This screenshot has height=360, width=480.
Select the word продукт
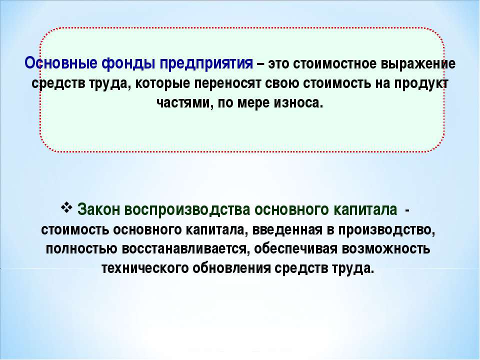click(421, 84)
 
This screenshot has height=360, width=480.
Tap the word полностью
click(81, 249)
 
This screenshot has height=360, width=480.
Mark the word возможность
click(386, 249)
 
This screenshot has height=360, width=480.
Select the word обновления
click(231, 268)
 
